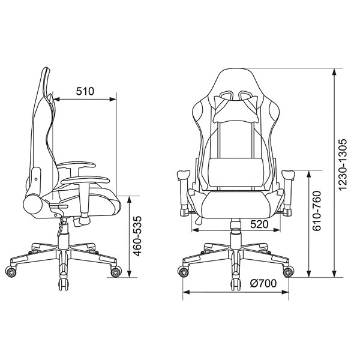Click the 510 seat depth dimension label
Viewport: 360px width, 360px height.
coord(85,91)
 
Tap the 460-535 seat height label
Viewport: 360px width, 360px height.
coord(138,236)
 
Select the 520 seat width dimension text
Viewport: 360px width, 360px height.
coord(259,224)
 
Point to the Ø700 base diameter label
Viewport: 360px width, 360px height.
coord(263,284)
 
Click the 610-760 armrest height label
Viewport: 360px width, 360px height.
coord(317,211)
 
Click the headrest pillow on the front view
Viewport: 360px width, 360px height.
coord(236,109)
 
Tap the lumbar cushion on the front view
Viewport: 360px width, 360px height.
coord(236,172)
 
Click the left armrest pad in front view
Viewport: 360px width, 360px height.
coord(184,175)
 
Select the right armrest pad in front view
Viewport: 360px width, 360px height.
coord(288,175)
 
